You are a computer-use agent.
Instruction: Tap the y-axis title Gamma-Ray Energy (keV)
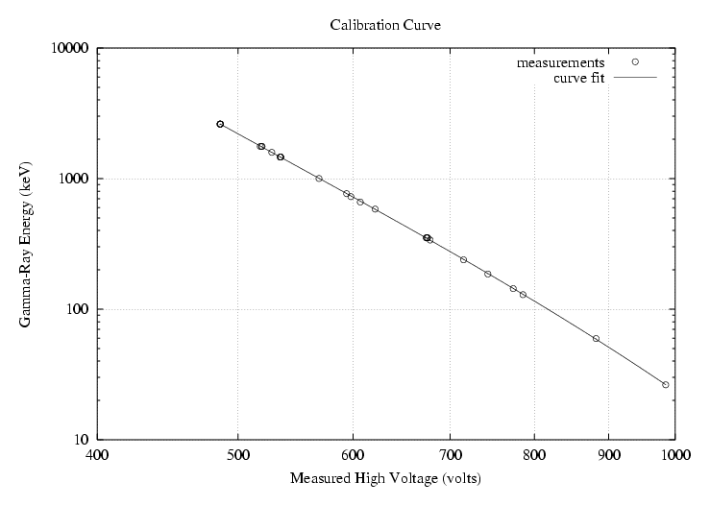tap(26, 244)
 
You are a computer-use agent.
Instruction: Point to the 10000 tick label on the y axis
tap(70, 49)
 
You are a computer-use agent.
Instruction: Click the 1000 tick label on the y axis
tap(74, 180)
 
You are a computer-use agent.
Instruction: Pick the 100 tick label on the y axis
tap(77, 310)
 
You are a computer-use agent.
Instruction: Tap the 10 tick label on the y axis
tap(81, 441)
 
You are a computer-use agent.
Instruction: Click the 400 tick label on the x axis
tap(95, 454)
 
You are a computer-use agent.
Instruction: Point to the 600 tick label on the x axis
tap(353, 454)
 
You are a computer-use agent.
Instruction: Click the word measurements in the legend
tap(560, 62)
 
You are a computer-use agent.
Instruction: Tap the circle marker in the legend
tap(635, 62)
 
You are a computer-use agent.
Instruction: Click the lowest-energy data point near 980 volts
tap(665, 384)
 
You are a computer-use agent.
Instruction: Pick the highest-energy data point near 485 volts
tap(220, 124)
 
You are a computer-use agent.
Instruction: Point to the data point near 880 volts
tap(596, 338)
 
